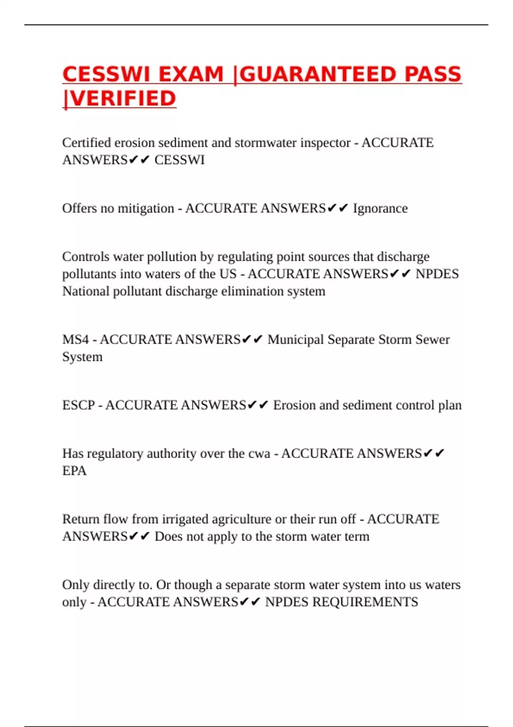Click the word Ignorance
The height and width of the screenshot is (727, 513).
pyautogui.click(x=380, y=208)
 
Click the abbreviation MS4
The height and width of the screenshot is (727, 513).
pyautogui.click(x=76, y=340)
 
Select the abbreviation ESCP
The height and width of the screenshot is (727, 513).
pyautogui.click(x=79, y=405)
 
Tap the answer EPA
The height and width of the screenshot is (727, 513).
pyautogui.click(x=74, y=471)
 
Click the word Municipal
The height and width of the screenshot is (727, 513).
pyautogui.click(x=296, y=340)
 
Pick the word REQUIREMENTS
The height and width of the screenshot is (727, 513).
pyautogui.click(x=365, y=602)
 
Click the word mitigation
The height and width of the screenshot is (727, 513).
pyautogui.click(x=146, y=208)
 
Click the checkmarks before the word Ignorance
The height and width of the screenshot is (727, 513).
pyautogui.click(x=338, y=208)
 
